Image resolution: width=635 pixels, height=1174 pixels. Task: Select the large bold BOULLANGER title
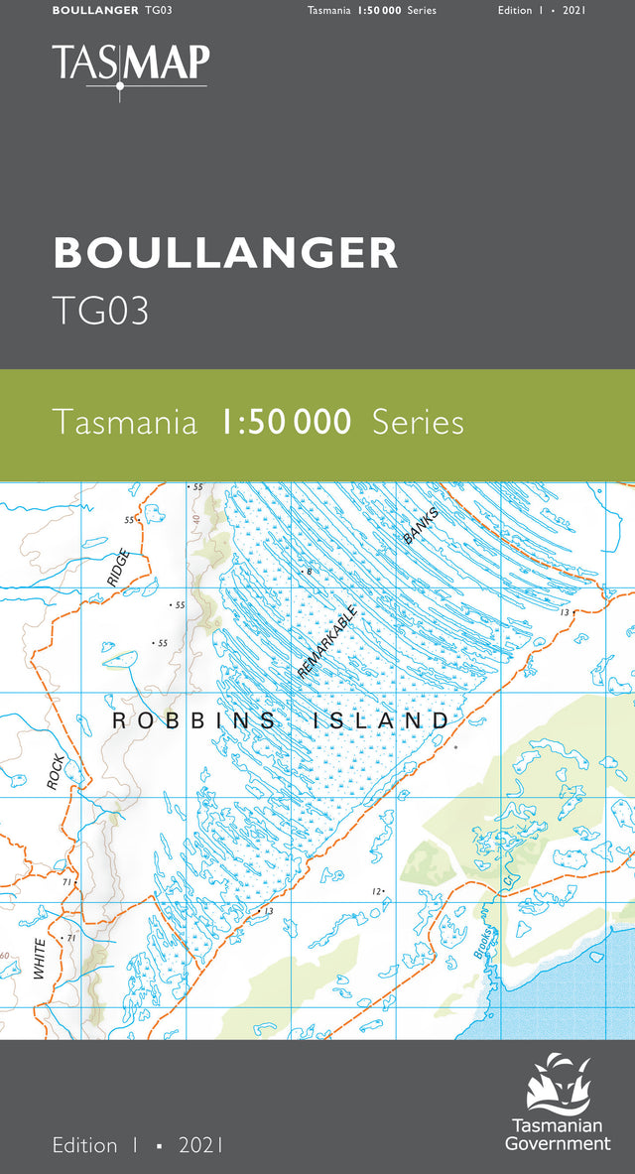click(x=226, y=253)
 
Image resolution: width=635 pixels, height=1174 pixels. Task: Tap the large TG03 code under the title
click(x=101, y=311)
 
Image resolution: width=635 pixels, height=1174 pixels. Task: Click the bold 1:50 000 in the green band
click(x=286, y=423)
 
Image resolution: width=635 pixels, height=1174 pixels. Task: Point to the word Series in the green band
click(x=418, y=423)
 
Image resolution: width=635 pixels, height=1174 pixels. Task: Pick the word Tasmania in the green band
click(x=125, y=423)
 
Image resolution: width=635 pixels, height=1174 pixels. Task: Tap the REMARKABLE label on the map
click(x=326, y=642)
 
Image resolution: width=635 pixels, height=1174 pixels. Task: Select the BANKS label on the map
click(x=421, y=525)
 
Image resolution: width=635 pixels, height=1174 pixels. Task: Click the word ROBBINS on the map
click(x=193, y=721)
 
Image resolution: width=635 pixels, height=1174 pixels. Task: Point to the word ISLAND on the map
click(x=381, y=721)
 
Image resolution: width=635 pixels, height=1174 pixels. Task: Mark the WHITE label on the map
click(x=40, y=959)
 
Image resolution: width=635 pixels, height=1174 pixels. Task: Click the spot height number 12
click(x=376, y=892)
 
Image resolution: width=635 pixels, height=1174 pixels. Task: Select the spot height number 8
click(x=310, y=573)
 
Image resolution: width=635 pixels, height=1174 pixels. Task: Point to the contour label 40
click(x=196, y=520)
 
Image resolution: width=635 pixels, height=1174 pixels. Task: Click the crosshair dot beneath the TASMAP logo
click(x=120, y=86)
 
